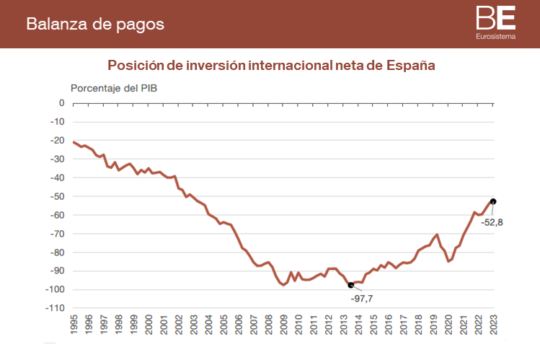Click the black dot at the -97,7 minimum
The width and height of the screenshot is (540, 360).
tap(351, 285)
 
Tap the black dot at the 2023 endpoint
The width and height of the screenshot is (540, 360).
tap(493, 201)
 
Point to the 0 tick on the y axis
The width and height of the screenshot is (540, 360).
tap(61, 103)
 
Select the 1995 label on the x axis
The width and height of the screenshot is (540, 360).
tap(74, 322)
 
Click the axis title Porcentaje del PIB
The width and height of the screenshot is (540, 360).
tap(113, 88)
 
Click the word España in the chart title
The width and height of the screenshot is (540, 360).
tap(411, 65)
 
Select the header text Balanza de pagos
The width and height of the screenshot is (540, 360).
tap(95, 24)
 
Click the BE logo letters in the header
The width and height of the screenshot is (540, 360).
tap(495, 17)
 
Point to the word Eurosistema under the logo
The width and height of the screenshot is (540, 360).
tap(495, 36)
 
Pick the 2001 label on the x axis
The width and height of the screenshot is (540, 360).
tap(164, 322)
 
